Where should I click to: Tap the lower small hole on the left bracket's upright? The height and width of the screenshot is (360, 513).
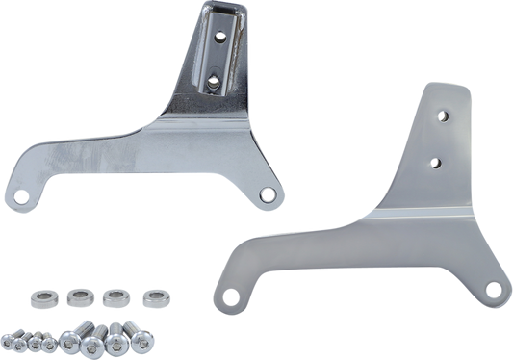(211, 81)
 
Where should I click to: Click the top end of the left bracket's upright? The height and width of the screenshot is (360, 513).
(225, 8)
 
